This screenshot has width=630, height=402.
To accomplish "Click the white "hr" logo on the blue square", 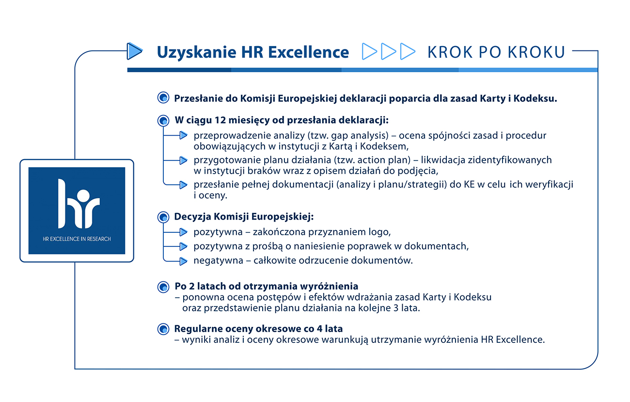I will coord(77,204).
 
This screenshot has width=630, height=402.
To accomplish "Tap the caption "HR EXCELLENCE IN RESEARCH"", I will coord(77,239).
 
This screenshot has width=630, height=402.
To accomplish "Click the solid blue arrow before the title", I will coord(134,50).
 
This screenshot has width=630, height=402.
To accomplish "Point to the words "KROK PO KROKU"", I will coord(496,52).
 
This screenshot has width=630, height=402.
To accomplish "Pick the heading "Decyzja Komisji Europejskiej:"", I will coord(244,216).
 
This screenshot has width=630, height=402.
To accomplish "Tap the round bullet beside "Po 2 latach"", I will coord(163,287).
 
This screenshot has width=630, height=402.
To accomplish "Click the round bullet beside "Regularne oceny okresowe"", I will coord(163,329).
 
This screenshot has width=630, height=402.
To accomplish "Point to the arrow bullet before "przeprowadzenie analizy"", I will coord(183,136).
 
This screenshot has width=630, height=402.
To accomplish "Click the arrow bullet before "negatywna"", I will coord(183,261).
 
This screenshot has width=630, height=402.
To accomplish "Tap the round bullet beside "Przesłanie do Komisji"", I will coord(163,98).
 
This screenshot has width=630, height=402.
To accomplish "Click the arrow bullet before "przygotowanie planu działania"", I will coord(183,160).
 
